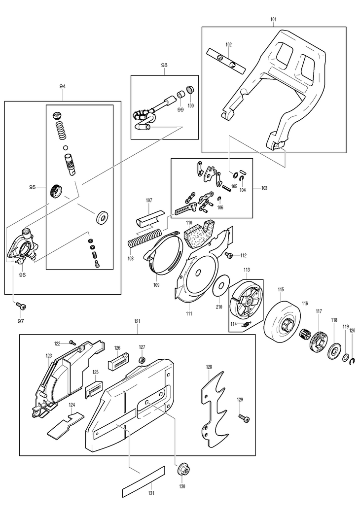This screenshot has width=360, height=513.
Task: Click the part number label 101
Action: pos(273,19)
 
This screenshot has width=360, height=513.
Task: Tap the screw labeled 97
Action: pos(21,306)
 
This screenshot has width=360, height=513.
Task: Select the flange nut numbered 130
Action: pos(181,471)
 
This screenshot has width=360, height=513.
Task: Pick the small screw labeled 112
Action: pos(229,255)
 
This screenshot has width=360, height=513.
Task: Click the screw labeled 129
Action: pos(244,417)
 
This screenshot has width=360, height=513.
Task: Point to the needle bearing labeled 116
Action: pos(305,334)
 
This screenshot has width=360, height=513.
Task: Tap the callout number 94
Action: pos(63,86)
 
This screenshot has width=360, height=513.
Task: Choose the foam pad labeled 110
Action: pos(199,233)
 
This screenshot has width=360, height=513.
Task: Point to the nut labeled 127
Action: pos(142,360)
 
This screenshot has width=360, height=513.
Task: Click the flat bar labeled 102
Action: pos(226,61)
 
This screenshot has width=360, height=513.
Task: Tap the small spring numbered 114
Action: pos(246,324)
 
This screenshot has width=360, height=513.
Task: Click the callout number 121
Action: pos(137,322)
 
